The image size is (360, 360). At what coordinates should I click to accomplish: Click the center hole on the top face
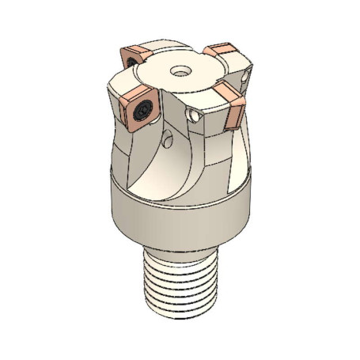180,70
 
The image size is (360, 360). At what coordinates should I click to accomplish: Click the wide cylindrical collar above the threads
178,214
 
